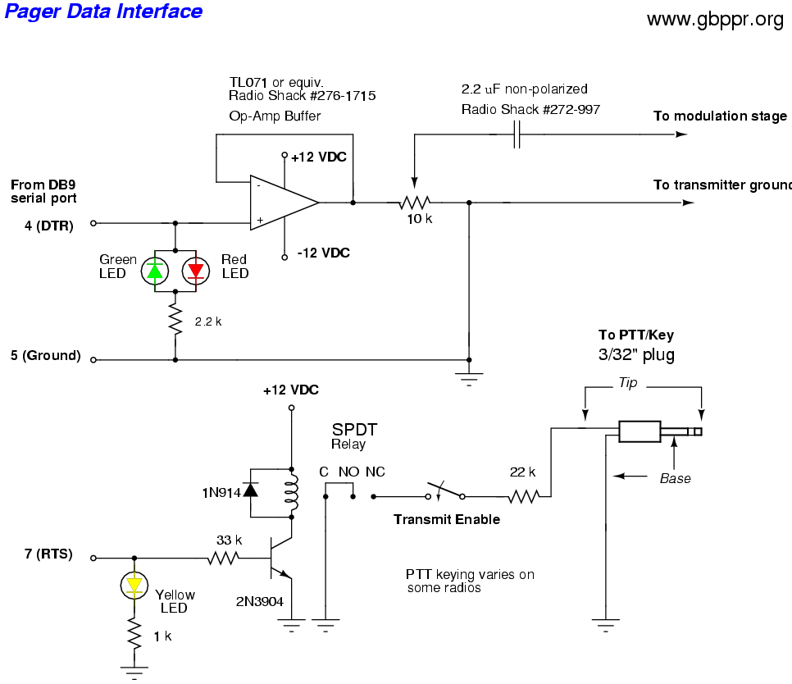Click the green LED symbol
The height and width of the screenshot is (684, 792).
click(155, 271)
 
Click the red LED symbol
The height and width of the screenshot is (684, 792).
click(196, 271)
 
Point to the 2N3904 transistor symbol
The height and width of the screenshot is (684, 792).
click(279, 559)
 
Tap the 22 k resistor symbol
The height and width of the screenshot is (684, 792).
click(521, 496)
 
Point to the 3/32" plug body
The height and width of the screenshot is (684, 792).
click(640, 432)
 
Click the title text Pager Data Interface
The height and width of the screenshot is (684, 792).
click(103, 11)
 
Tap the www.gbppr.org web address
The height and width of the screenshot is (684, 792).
click(715, 20)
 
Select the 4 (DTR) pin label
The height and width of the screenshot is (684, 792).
click(49, 226)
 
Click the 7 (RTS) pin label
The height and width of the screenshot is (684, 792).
click(48, 554)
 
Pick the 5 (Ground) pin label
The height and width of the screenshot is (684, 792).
click(45, 356)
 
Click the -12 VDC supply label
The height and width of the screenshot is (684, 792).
click(323, 253)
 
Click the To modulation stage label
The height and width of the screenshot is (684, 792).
click(720, 116)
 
